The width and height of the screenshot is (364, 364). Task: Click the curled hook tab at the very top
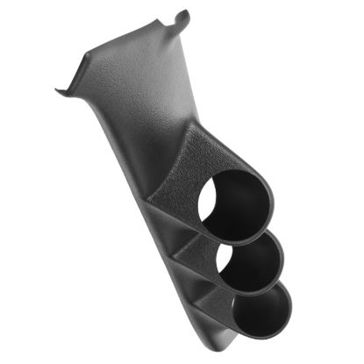182,17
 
